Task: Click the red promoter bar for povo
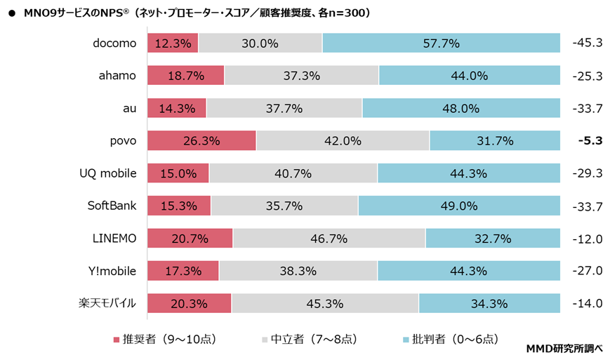(201, 141)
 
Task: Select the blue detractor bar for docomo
(441, 43)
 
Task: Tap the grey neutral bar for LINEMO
(329, 239)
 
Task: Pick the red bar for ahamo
(185, 76)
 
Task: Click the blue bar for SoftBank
(459, 206)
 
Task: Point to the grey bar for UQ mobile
(293, 173)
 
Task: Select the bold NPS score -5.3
(588, 141)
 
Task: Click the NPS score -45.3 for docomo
(588, 43)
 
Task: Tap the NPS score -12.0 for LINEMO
(588, 239)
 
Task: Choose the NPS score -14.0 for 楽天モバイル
(588, 304)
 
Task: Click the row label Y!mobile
(112, 271)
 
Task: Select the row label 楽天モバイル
(107, 304)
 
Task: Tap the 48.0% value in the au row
(461, 109)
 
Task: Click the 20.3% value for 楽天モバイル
(190, 304)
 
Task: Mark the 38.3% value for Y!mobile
(298, 272)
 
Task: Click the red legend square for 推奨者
(117, 340)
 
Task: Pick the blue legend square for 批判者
(406, 340)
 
